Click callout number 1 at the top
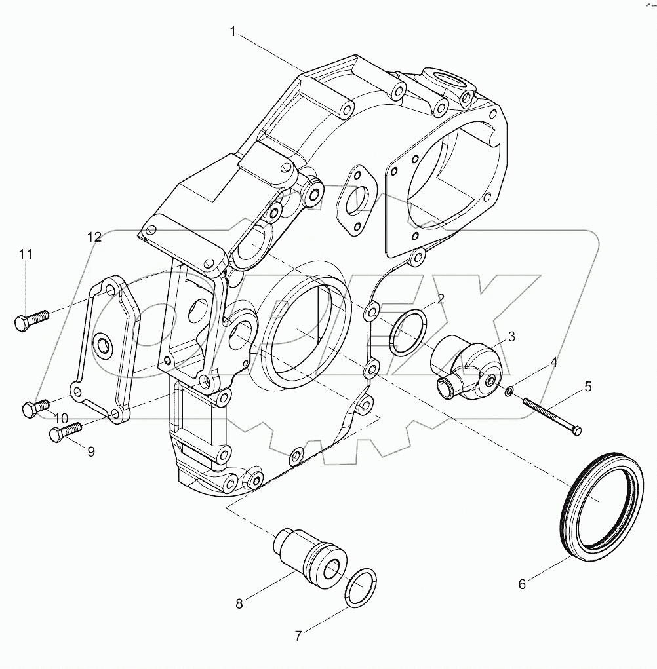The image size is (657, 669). coord(233,31)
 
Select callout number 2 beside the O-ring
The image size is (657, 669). coord(441,299)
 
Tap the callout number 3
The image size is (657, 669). coord(511,336)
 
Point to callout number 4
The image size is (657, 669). coord(553,362)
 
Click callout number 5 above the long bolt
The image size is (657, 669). coord(588,387)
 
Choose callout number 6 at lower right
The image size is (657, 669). coord(522,584)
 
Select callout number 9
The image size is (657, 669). coord(90,451)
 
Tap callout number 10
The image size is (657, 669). coord(61,418)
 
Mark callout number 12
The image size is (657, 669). coord(96,236)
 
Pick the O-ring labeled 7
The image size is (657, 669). coord(360,586)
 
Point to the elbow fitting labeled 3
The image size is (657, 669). coord(466,367)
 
